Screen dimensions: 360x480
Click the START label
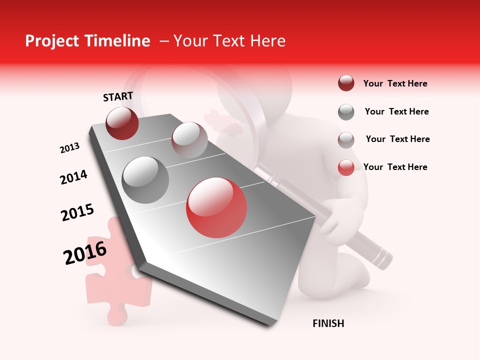click(x=118, y=96)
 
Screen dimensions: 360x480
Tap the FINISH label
click(x=328, y=323)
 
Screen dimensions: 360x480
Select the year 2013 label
click(x=69, y=148)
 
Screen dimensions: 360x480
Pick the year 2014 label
click(x=73, y=177)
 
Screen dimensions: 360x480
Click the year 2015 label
click(x=77, y=212)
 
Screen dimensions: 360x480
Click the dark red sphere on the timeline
click(x=122, y=123)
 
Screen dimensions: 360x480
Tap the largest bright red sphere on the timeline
click(x=216, y=207)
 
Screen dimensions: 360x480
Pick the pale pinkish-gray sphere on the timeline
click(x=189, y=140)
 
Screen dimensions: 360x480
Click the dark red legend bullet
click(x=346, y=83)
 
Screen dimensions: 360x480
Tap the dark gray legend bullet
click(x=346, y=112)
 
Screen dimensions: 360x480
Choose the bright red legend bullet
click(x=346, y=167)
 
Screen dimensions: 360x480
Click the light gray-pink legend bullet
click(x=346, y=140)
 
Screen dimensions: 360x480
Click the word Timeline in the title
click(x=113, y=41)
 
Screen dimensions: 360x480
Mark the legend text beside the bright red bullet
click(x=395, y=167)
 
